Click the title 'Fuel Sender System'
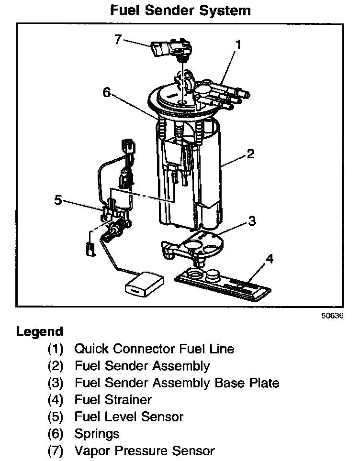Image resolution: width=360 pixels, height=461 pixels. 180,10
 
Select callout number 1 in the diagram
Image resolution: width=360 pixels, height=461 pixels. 238,45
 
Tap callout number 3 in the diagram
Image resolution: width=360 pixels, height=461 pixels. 252,221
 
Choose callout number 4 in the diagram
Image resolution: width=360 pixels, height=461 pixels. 270,259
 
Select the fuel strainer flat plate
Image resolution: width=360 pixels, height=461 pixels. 223,283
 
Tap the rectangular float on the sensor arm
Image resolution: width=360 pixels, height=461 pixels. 142,285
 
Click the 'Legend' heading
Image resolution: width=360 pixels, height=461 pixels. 39,332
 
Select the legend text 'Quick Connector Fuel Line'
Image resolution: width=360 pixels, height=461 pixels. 154,349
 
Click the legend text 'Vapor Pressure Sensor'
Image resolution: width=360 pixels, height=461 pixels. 145,450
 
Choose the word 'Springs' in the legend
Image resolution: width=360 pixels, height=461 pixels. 97,434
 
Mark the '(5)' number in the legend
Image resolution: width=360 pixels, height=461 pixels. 56,417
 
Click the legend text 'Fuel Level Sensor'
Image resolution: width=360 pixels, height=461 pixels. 129,417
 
